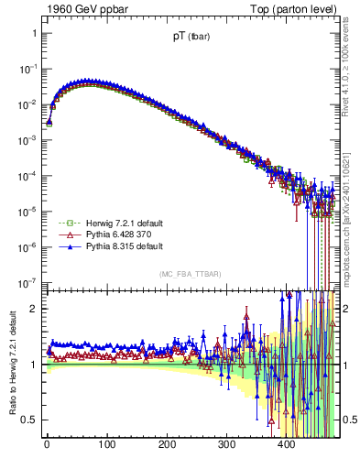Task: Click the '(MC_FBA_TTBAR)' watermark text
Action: coord(191,274)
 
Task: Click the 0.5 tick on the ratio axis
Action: coord(30,420)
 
